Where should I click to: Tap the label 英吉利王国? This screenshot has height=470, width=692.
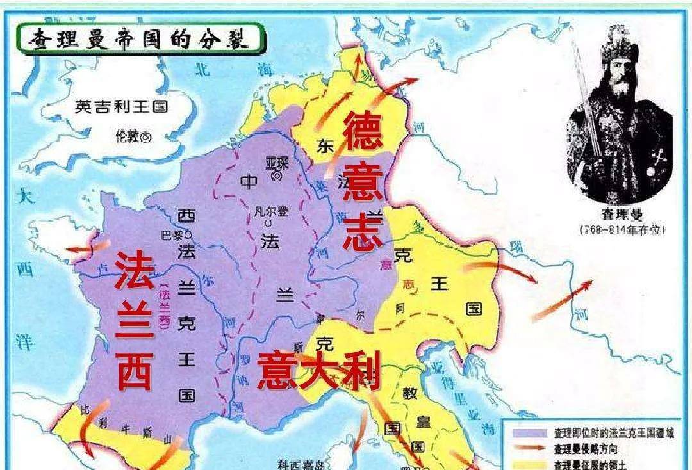click(121, 106)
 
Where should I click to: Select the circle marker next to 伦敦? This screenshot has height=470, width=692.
click(146, 136)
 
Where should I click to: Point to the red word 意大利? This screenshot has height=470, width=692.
click(318, 372)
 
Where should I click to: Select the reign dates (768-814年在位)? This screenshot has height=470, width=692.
click(619, 229)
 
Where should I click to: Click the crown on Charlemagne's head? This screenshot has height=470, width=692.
click(618, 46)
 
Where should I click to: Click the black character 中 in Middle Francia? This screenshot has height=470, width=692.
click(249, 182)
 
